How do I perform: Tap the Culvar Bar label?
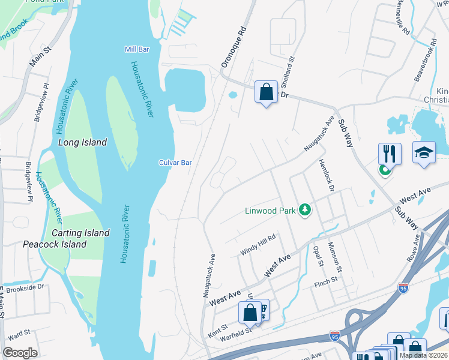(x=175, y=163)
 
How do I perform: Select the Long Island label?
(x=82, y=142)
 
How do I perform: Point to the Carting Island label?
(x=80, y=233)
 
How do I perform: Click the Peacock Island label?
(x=55, y=244)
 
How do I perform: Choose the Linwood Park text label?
(x=270, y=211)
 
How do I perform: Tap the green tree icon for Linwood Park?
(x=306, y=210)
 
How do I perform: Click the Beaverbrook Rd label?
(x=423, y=62)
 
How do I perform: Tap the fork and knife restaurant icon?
(x=390, y=154)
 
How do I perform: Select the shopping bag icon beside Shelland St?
(x=266, y=92)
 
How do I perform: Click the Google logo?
(x=20, y=353)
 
